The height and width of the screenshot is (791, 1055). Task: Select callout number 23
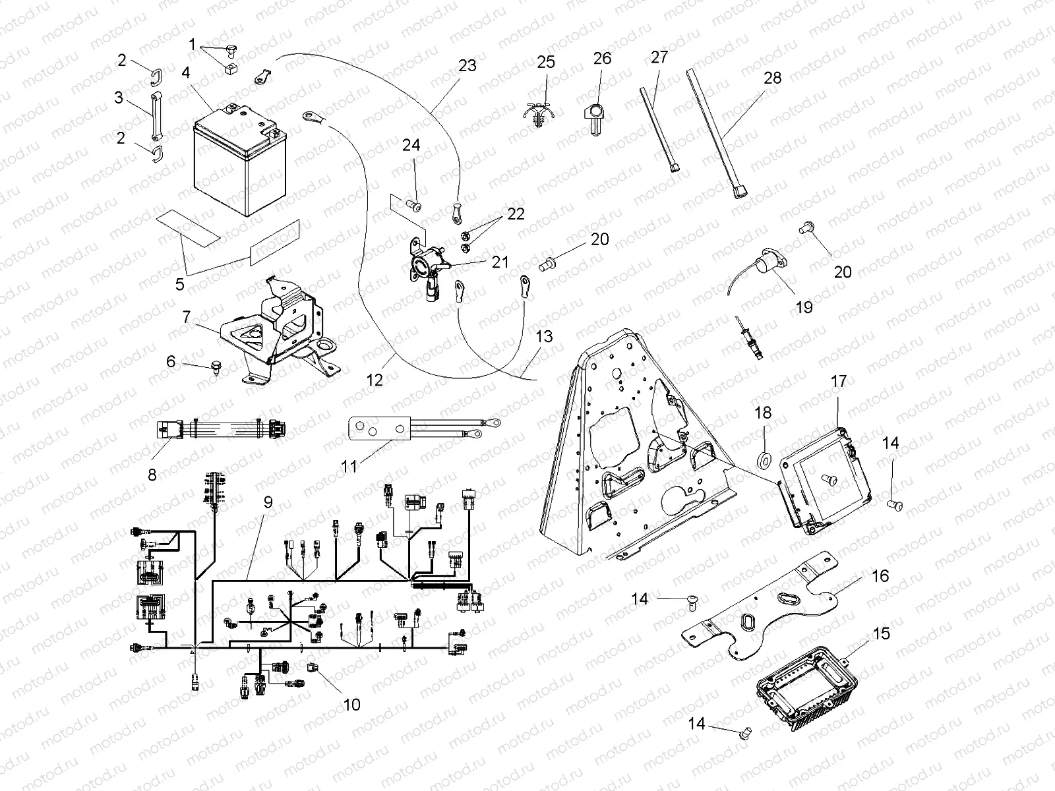click(x=467, y=65)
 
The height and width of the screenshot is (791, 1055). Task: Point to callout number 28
click(x=772, y=78)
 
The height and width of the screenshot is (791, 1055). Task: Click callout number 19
click(x=804, y=307)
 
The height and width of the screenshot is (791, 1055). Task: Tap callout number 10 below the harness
click(x=352, y=705)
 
